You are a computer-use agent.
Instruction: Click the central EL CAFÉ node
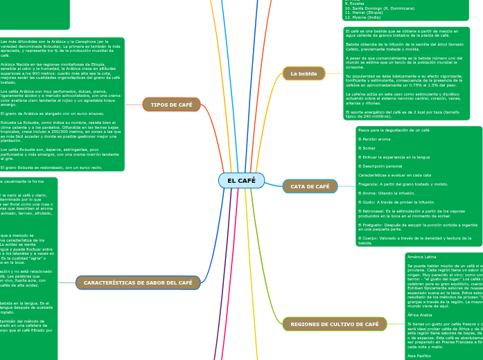(x=241, y=181)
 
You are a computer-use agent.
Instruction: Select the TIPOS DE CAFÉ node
(x=171, y=105)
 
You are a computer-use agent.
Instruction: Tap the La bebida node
(x=304, y=73)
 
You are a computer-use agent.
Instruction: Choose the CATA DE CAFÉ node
(x=310, y=186)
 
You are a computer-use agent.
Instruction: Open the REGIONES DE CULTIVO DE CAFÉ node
(x=334, y=324)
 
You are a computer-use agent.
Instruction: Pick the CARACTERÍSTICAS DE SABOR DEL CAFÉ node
(x=138, y=282)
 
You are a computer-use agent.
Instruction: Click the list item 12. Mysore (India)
(x=362, y=17)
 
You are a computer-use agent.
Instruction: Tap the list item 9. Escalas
(x=354, y=3)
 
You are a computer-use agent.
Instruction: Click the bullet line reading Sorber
(x=368, y=148)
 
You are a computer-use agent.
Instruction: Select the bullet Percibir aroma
(x=374, y=139)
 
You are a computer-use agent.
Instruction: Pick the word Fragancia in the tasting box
(x=371, y=184)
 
